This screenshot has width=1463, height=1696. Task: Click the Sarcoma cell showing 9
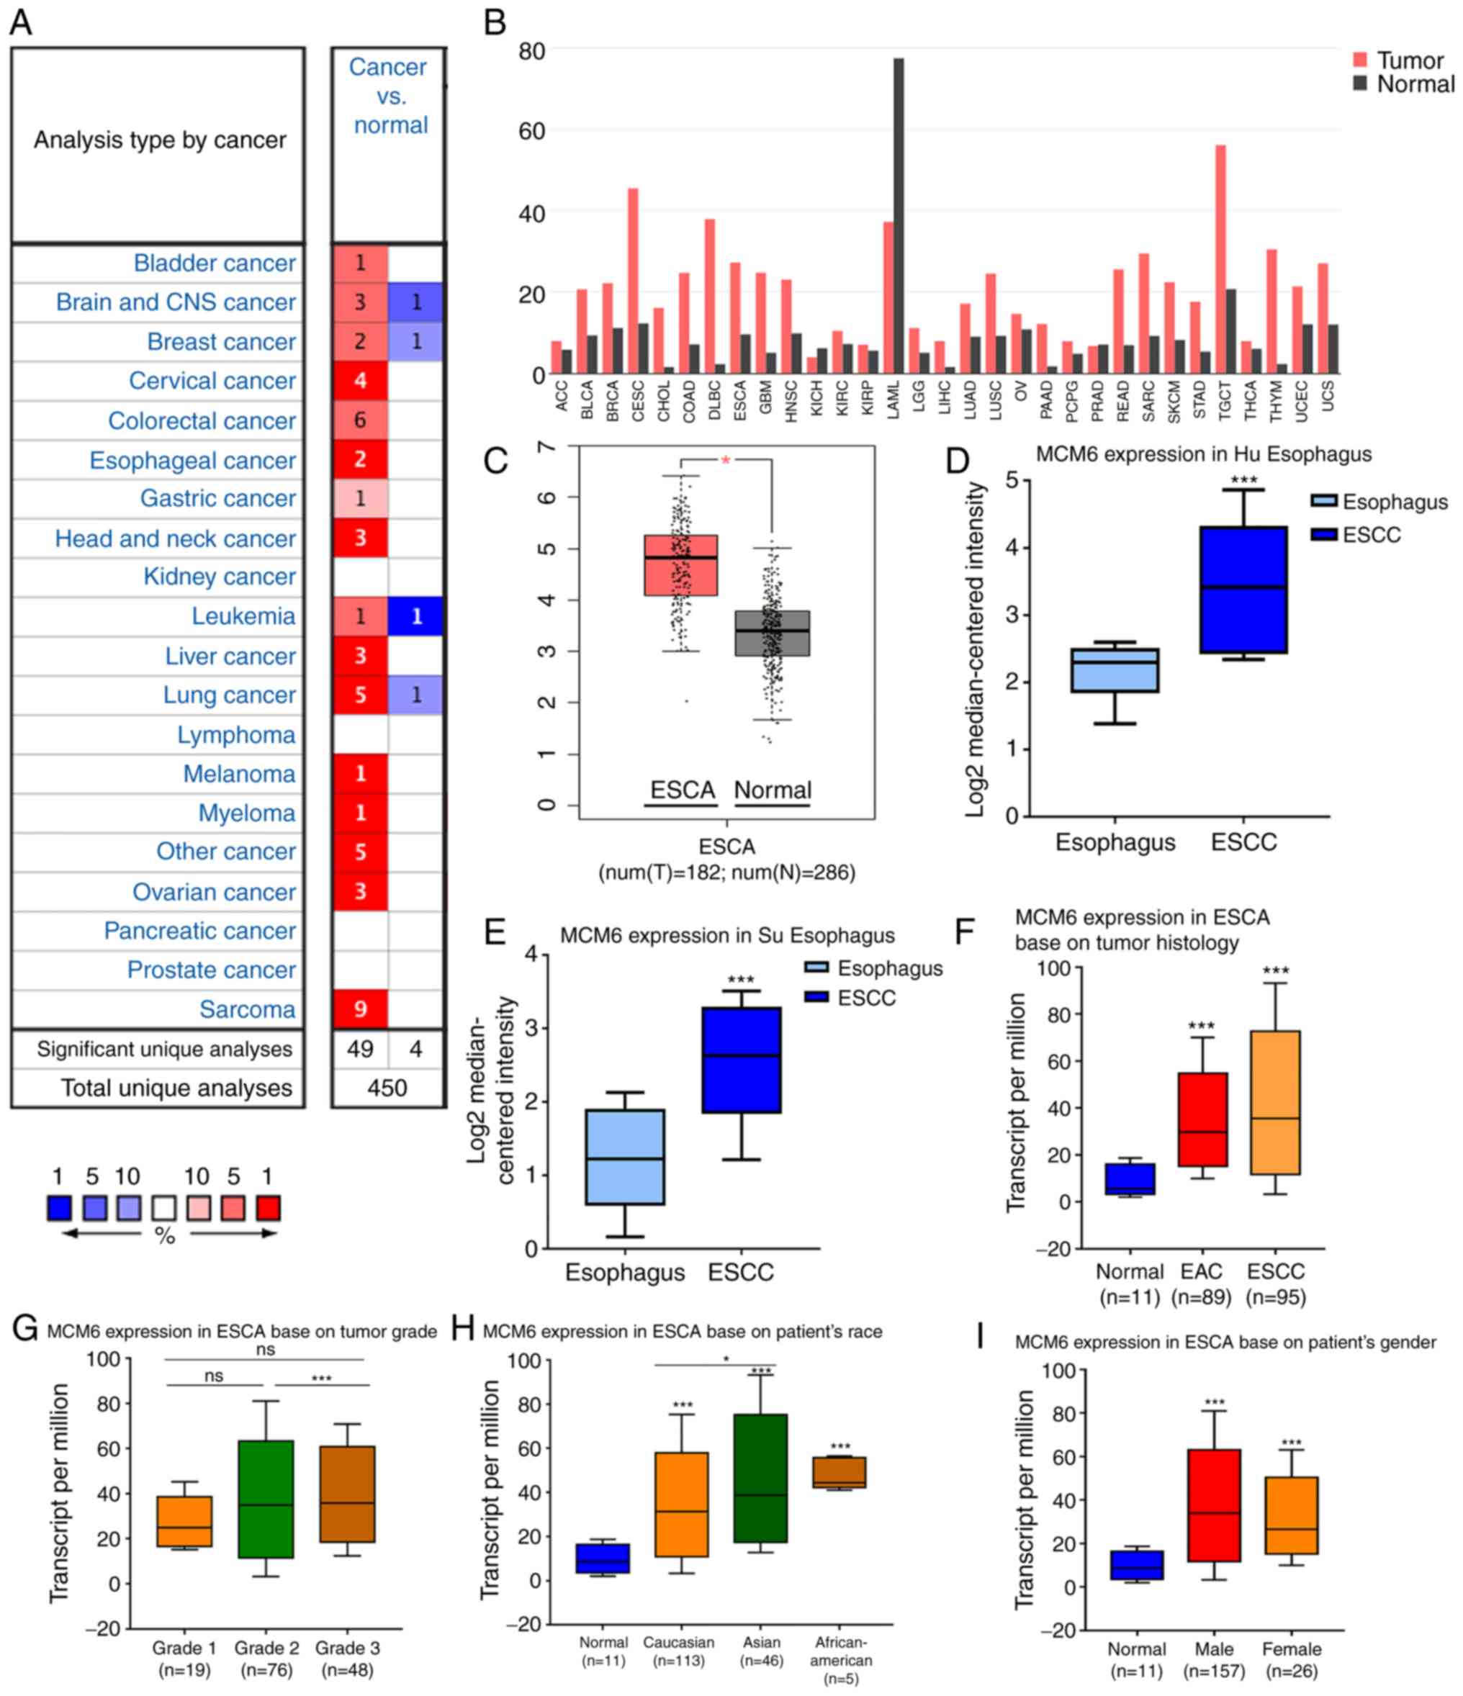pos(359,1009)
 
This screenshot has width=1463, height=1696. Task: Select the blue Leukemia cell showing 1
pos(416,615)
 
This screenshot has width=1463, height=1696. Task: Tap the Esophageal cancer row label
pos(192,460)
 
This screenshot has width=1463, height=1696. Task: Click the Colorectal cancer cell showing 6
pos(359,420)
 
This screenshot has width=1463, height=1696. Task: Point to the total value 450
pos(387,1088)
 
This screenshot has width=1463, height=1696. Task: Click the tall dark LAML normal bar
pos(898,216)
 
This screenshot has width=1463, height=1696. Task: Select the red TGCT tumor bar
pos(1220,258)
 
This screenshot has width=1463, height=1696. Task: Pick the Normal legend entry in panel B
pos(1403,84)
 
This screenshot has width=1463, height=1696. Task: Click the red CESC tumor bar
pos(633,281)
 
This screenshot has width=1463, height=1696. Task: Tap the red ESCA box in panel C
pos(680,565)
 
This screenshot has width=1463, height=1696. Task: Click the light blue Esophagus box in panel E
pos(625,1157)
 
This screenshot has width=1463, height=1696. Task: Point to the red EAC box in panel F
pos(1202,1119)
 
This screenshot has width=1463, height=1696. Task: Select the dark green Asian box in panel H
pos(760,1477)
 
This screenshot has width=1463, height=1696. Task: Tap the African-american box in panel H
pos(839,1471)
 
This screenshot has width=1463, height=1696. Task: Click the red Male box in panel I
pos(1214,1505)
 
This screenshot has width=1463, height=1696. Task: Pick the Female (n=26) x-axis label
pos(1291,1660)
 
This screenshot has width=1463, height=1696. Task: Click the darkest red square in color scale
pos(268,1208)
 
